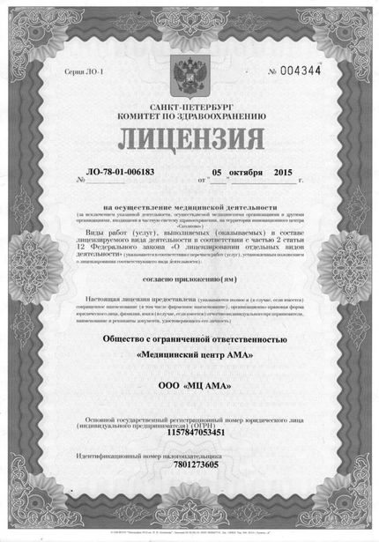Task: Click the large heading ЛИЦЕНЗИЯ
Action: (x=189, y=140)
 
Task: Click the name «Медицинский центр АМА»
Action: (x=189, y=355)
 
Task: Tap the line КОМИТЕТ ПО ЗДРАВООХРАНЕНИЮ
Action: (x=190, y=115)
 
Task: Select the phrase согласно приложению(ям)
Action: (x=189, y=276)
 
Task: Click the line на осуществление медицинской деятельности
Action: (x=189, y=205)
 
